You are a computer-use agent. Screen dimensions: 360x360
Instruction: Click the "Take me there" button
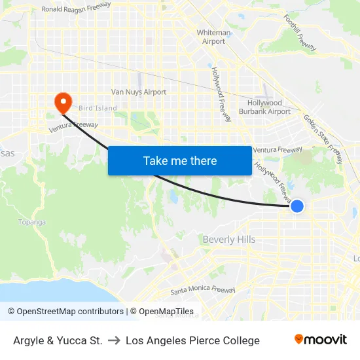tap(179, 160)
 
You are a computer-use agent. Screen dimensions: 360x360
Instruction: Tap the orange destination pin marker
tap(63, 102)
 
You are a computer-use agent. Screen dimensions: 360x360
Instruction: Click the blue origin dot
tap(297, 206)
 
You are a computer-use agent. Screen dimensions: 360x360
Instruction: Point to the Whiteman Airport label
tap(213, 37)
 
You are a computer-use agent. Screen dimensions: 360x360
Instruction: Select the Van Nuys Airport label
tap(139, 92)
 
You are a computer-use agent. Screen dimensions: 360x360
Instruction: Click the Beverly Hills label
tap(229, 240)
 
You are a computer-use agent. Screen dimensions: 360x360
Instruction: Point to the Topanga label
tap(32, 222)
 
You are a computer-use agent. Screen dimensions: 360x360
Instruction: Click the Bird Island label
tap(98, 108)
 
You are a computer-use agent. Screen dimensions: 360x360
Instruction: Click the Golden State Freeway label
tap(322, 138)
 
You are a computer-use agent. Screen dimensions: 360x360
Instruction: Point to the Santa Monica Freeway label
tap(202, 290)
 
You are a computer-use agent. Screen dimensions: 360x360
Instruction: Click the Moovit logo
tap(321, 340)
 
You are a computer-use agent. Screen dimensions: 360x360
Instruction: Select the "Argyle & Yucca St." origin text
tap(58, 340)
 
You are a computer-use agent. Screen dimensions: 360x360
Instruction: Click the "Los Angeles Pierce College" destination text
tap(192, 340)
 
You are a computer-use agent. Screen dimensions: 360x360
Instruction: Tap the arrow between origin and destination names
tap(114, 340)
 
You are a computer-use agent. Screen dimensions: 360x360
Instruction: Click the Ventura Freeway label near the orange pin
tap(73, 128)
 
